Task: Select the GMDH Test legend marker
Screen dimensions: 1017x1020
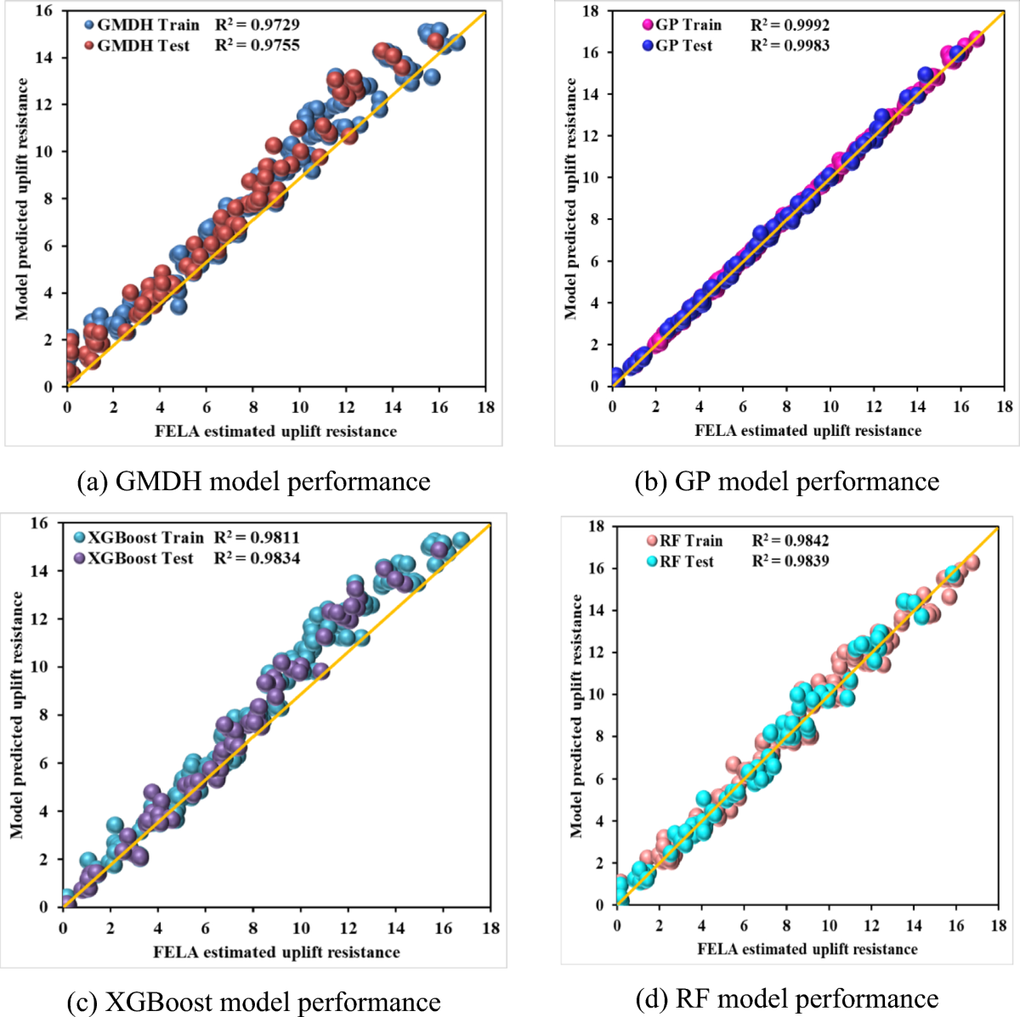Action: (89, 46)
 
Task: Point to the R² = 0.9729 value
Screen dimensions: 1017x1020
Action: (257, 25)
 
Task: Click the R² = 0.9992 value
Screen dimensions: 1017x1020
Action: (790, 25)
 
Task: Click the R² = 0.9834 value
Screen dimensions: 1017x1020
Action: (257, 558)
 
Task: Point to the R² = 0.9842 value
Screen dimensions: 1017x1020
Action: (790, 540)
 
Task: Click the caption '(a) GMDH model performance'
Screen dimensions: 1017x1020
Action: (253, 482)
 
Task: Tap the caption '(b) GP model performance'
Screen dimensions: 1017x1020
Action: (787, 482)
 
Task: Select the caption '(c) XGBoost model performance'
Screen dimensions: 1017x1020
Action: (253, 1002)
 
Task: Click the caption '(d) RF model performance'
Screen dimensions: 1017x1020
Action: (787, 998)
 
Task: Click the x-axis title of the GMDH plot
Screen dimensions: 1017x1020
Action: (275, 431)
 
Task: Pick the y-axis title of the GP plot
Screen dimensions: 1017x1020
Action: (570, 199)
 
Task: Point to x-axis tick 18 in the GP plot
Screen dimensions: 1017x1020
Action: (1005, 407)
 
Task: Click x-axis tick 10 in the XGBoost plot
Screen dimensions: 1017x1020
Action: (301, 928)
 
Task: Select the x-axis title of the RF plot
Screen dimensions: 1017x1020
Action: (807, 949)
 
